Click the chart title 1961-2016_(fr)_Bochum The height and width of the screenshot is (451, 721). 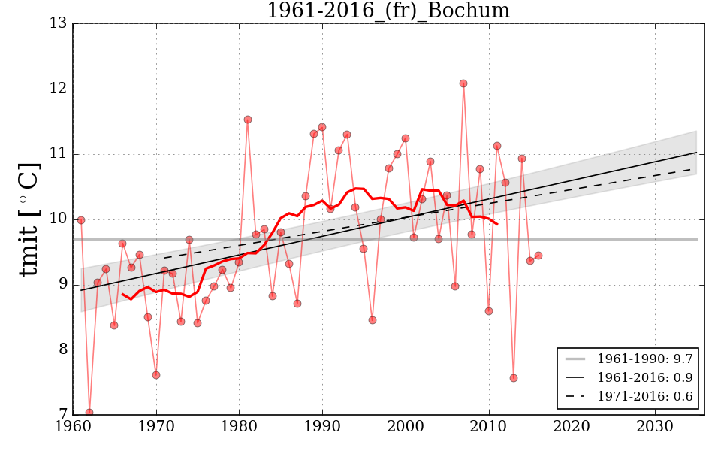coord(388,11)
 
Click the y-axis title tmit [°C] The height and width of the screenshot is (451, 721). coord(29,219)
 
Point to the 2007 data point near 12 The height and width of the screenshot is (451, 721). coord(463,83)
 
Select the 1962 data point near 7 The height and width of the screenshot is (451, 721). coord(89,413)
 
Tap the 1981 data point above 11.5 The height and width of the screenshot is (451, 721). coord(248,120)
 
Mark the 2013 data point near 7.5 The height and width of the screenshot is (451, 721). coord(514,378)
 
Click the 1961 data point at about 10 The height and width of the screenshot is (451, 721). coord(81,220)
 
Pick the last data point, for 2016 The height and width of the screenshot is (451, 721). coord(538,256)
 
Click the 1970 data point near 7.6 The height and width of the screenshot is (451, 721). coord(156,375)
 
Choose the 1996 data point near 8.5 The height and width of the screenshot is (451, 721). coord(373,320)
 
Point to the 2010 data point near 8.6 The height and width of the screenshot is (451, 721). coord(489,311)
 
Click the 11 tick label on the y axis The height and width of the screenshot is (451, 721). coord(59,154)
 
